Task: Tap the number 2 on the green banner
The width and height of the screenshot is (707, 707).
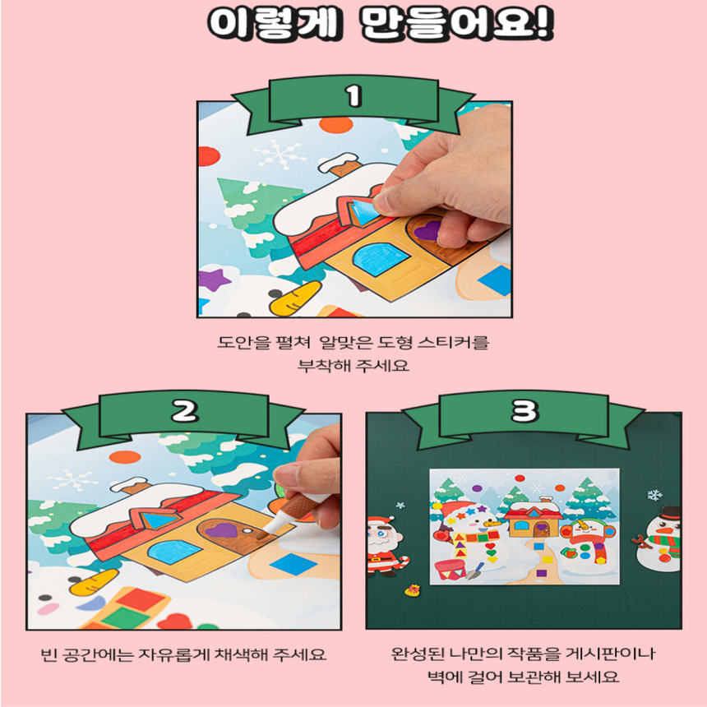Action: pyautogui.click(x=184, y=411)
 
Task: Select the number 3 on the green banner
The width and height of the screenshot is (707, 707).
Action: pyautogui.click(x=524, y=411)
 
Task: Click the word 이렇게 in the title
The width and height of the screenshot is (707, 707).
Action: pyautogui.click(x=271, y=25)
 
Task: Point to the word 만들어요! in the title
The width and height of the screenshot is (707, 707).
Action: pyautogui.click(x=456, y=25)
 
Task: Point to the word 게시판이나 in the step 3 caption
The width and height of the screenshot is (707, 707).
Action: pyautogui.click(x=609, y=655)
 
